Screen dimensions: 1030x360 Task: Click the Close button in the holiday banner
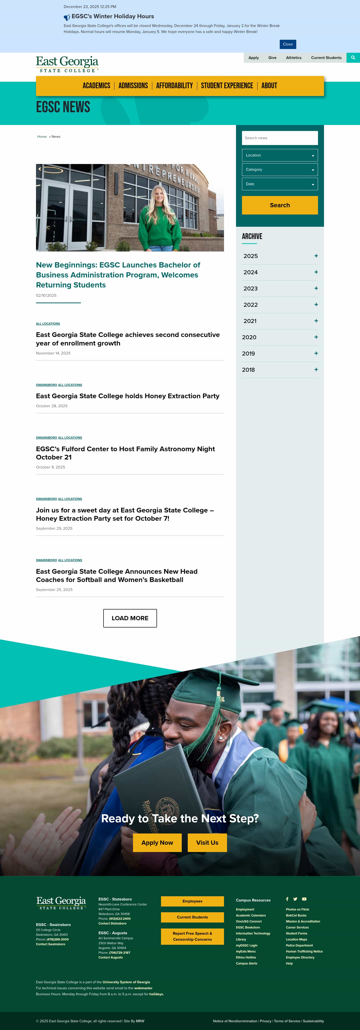[x=287, y=44]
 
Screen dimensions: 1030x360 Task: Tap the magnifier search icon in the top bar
[x=353, y=57]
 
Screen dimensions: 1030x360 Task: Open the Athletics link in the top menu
[x=293, y=57]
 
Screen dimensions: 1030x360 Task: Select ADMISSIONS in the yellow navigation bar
[x=133, y=85]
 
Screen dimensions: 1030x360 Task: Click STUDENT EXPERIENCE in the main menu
[x=227, y=85]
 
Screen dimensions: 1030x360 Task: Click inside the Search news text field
[x=279, y=138]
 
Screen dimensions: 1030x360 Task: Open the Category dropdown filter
[x=279, y=169]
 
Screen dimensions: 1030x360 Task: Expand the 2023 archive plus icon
[x=316, y=288]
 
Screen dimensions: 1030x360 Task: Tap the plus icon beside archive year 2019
[x=316, y=353]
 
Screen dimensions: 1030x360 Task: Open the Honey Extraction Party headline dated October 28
[x=127, y=396]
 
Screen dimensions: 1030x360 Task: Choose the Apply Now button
[x=157, y=842]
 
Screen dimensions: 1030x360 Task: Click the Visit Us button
[x=207, y=842]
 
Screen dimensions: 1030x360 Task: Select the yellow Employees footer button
[x=192, y=901]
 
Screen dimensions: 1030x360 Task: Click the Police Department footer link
[x=299, y=946]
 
